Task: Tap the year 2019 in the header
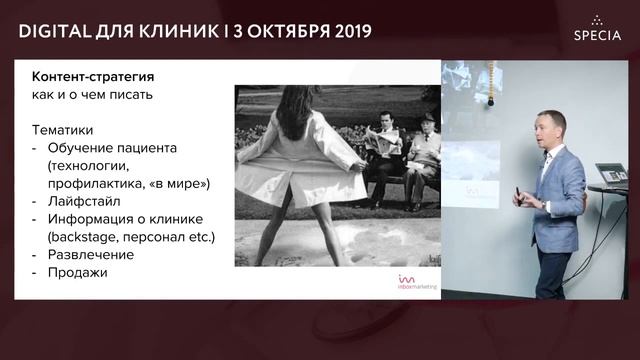click(x=345, y=30)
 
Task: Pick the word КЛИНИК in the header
click(x=186, y=30)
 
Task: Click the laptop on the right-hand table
click(x=610, y=175)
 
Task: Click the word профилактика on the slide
click(x=93, y=184)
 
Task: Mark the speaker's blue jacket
click(x=560, y=200)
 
